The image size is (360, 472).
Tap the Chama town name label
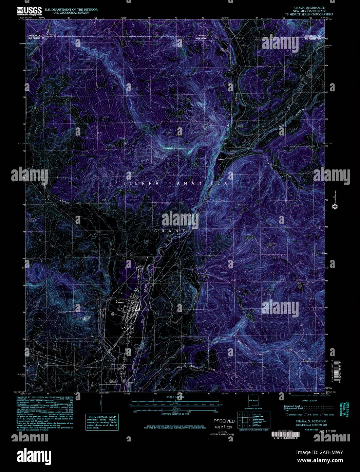[x=120, y=302]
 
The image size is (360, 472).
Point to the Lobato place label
[x=221, y=159]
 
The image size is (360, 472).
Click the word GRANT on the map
[x=170, y=231]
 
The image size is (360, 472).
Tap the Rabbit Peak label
[x=80, y=318]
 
